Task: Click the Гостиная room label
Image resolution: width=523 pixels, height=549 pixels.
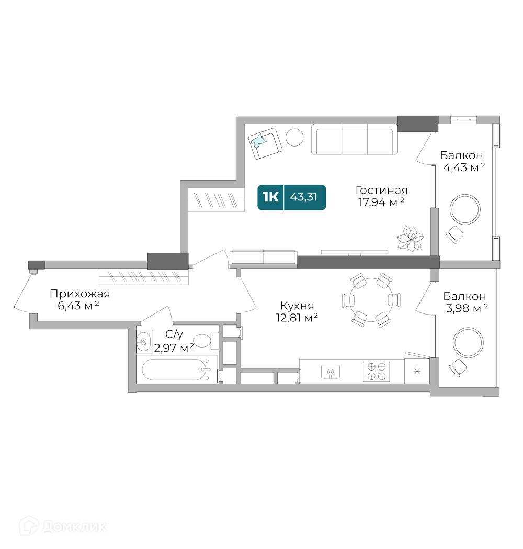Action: click(381, 190)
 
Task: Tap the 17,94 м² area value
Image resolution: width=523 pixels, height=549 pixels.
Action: click(381, 202)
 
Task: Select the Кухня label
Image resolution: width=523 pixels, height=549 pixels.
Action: click(297, 306)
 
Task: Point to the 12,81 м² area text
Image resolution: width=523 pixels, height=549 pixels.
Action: click(297, 318)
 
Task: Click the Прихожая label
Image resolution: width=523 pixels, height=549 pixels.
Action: click(80, 294)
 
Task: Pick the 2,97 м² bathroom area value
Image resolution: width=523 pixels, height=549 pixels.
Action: click(174, 348)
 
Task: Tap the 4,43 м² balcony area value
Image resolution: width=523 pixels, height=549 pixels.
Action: click(464, 167)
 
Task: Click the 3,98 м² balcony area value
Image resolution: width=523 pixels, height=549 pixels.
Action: click(467, 308)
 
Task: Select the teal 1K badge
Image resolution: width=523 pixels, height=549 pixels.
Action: click(271, 197)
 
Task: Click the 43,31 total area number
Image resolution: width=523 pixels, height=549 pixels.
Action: click(304, 197)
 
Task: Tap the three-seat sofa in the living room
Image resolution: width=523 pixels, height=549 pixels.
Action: click(355, 139)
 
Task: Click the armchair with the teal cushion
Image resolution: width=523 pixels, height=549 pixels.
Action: click(265, 143)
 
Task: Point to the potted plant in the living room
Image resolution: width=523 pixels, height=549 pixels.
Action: click(411, 239)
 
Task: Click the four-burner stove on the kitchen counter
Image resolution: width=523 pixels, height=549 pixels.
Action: click(377, 372)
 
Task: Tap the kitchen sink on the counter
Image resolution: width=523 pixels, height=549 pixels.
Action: click(331, 372)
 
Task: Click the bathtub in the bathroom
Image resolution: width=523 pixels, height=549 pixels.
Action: click(175, 369)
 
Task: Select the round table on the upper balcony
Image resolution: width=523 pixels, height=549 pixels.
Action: click(465, 209)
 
